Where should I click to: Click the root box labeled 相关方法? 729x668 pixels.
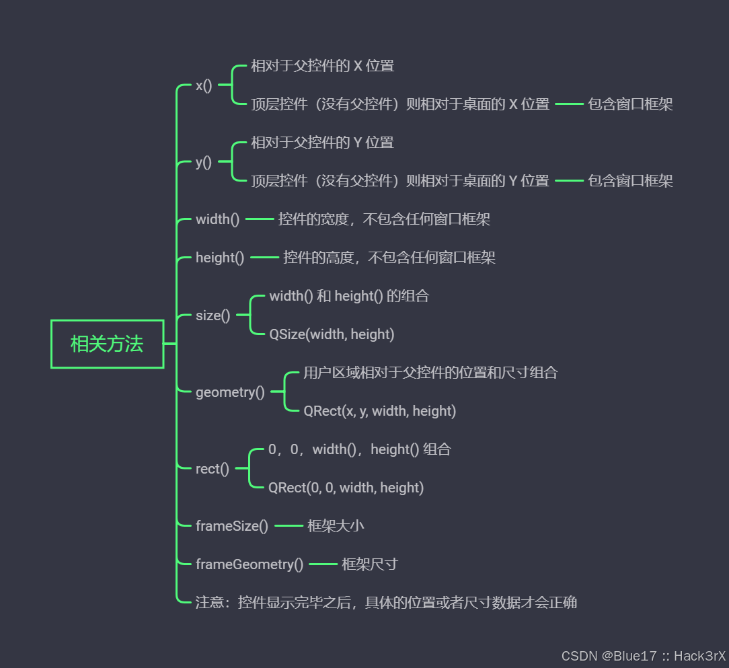point(108,344)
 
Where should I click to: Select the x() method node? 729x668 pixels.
point(204,85)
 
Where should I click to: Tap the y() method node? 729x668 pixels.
point(204,162)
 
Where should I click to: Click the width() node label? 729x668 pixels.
point(217,219)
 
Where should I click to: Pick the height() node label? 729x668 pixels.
point(220,258)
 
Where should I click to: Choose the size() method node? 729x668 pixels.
point(213,316)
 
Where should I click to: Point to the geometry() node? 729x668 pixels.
point(230,392)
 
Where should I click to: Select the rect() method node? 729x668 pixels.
point(212,469)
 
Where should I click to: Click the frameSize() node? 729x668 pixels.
point(231,525)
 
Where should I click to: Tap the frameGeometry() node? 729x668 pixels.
point(250,564)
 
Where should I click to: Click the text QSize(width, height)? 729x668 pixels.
point(332,334)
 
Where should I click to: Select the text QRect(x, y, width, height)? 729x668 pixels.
point(379,411)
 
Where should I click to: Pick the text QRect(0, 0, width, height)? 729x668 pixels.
point(346,488)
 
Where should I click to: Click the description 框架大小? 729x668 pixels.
point(336,525)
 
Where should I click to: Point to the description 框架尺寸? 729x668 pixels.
point(369,564)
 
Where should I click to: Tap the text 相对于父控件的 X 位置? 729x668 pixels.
point(322,66)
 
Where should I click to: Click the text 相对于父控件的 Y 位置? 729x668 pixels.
point(322,143)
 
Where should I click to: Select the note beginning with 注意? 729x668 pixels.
point(386,602)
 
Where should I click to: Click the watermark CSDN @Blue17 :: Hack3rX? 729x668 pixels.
point(643,656)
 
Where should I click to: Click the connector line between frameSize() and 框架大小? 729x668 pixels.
point(289,525)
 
